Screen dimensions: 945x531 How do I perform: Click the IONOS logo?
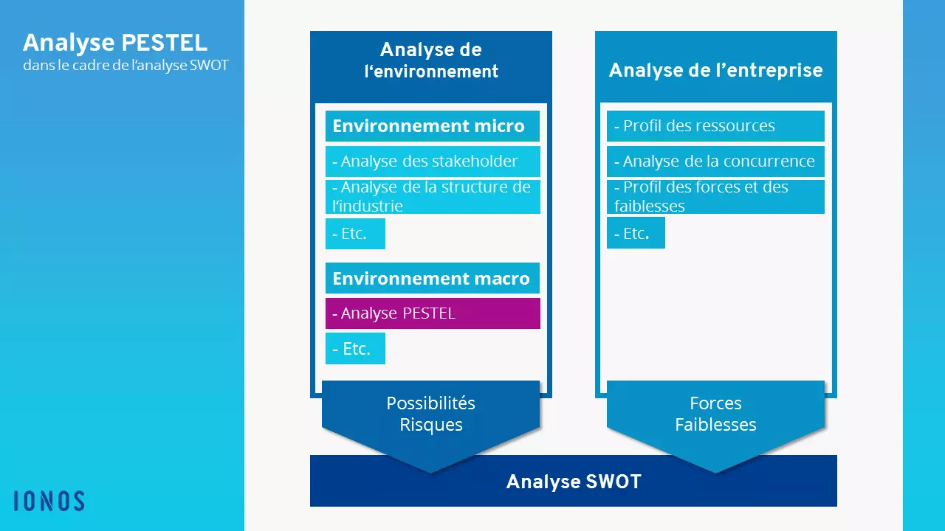click(x=49, y=501)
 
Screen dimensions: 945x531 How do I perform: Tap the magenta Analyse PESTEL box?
click(x=433, y=313)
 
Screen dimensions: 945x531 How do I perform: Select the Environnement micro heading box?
click(x=433, y=126)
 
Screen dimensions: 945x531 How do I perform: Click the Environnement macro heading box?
click(x=433, y=278)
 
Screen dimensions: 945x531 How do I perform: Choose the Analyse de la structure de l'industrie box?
click(x=433, y=197)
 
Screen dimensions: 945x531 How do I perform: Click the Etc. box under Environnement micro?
click(x=355, y=234)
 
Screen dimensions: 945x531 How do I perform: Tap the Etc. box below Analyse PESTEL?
click(x=355, y=349)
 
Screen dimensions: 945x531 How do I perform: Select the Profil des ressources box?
click(x=715, y=126)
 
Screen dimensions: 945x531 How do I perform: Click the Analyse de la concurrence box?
click(x=715, y=162)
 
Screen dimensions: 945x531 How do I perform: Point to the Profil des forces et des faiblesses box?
click(x=715, y=197)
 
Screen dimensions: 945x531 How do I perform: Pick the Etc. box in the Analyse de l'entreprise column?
click(x=636, y=232)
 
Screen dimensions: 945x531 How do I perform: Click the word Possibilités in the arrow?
click(x=430, y=403)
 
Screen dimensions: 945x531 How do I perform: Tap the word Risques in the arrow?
click(x=430, y=424)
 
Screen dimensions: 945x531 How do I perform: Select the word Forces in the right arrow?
click(x=715, y=403)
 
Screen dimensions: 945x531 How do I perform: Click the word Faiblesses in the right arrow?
click(x=715, y=424)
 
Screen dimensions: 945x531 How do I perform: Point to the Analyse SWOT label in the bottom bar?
click(x=574, y=482)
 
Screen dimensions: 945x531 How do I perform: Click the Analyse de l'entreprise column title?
click(x=715, y=70)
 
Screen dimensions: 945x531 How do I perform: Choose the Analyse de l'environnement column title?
click(x=430, y=60)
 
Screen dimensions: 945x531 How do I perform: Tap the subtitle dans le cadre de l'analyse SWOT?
click(x=126, y=66)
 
